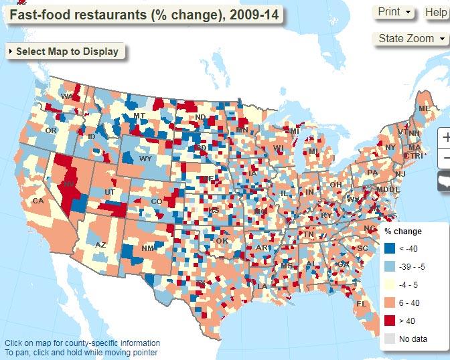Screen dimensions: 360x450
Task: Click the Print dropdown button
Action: pos(395,12)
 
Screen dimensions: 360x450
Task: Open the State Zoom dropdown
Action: pos(410,39)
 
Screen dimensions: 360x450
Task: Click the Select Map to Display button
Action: pos(65,52)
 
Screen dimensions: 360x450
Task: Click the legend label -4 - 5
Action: pos(409,284)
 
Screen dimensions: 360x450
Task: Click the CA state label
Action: pos(38,201)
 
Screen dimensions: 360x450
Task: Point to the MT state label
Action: pos(139,116)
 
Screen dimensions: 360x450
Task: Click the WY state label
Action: pos(145,159)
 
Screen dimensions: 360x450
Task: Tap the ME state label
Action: pos(424,108)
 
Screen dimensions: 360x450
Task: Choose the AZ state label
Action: pos(100,245)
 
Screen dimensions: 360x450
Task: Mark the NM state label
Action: pos(148,249)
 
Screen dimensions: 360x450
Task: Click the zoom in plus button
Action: pos(445,137)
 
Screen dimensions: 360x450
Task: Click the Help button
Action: pos(435,12)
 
